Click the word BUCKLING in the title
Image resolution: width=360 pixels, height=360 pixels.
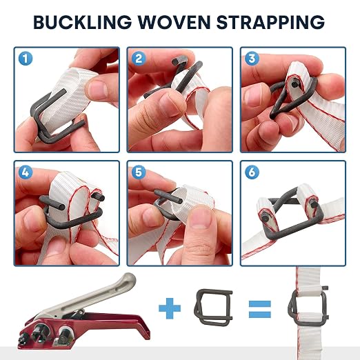[83, 22]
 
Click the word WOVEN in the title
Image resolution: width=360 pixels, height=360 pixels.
[174, 22]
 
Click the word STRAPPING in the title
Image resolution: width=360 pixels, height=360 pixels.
[270, 22]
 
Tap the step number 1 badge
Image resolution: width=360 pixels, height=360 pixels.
[26, 59]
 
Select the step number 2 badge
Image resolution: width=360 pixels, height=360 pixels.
[139, 59]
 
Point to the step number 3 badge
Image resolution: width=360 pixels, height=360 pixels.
[252, 59]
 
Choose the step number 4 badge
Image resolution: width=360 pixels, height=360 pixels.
[26, 172]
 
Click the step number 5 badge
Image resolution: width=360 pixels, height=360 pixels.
[139, 172]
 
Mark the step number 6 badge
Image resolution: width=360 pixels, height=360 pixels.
[252, 172]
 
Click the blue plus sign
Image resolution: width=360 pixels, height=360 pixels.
[170, 308]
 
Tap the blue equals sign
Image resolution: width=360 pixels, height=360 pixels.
[260, 309]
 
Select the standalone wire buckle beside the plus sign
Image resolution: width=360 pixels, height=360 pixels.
[214, 307]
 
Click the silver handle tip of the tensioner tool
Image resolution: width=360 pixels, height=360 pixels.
[129, 279]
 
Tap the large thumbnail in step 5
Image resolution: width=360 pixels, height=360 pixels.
[202, 219]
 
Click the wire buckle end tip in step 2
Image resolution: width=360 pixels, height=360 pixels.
[176, 62]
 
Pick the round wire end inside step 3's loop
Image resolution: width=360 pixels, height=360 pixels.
[294, 84]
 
